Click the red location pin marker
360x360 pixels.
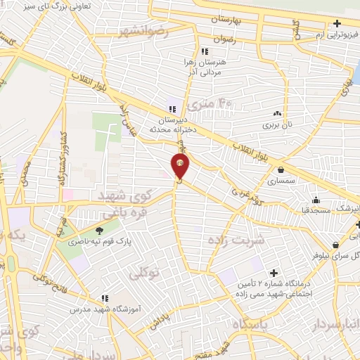(181, 165)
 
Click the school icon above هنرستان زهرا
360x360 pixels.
(204, 51)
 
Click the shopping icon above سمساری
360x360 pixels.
(281, 169)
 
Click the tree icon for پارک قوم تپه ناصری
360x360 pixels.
(98, 230)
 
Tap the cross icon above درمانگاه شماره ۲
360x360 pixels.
(274, 273)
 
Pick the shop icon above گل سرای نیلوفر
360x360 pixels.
(337, 245)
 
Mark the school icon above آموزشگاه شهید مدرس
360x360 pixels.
(104, 297)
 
